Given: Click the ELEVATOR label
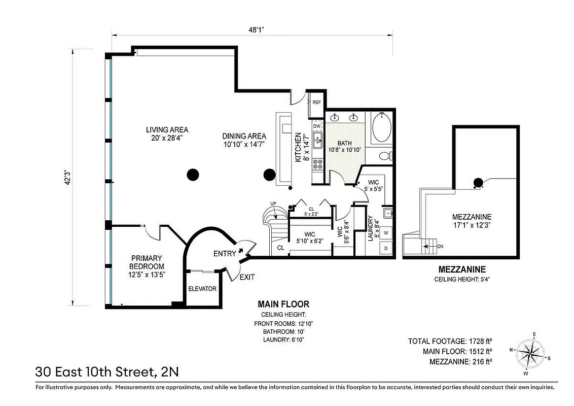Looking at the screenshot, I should [x=202, y=289].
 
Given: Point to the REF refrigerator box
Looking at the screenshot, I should [x=316, y=102].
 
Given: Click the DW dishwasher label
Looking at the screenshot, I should [x=316, y=126].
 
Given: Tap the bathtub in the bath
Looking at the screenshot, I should [x=381, y=128].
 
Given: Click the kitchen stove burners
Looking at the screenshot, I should [x=317, y=164].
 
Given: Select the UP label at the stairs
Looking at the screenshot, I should [x=274, y=204].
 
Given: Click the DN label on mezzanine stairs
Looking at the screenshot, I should [x=440, y=246].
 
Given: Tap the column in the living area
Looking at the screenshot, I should [x=192, y=175].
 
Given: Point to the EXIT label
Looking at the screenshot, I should [x=247, y=277].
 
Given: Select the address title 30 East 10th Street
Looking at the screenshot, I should [x=106, y=371].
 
